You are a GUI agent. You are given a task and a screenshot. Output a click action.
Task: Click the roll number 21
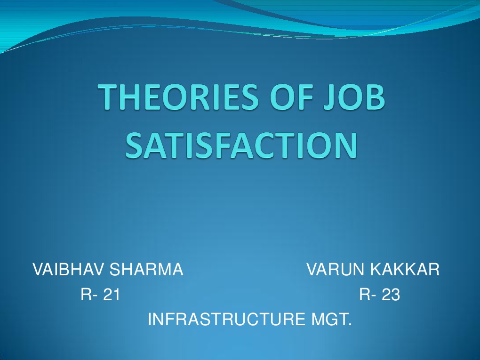click(112, 295)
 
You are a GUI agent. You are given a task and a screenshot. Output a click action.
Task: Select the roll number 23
click(391, 295)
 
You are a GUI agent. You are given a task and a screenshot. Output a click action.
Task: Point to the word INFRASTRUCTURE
click(225, 320)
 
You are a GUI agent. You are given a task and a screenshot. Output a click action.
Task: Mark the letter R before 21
click(86, 295)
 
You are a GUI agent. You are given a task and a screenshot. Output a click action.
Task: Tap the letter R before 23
click(365, 295)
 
